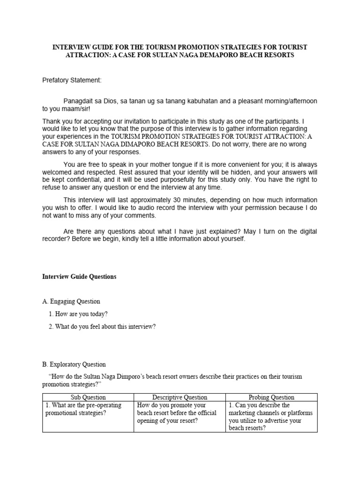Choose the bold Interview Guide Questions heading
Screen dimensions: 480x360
tap(79, 277)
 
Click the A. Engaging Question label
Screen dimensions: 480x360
tap(71, 301)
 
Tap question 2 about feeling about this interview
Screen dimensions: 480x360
tap(102, 327)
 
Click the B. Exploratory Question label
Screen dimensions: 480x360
tap(74, 364)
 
